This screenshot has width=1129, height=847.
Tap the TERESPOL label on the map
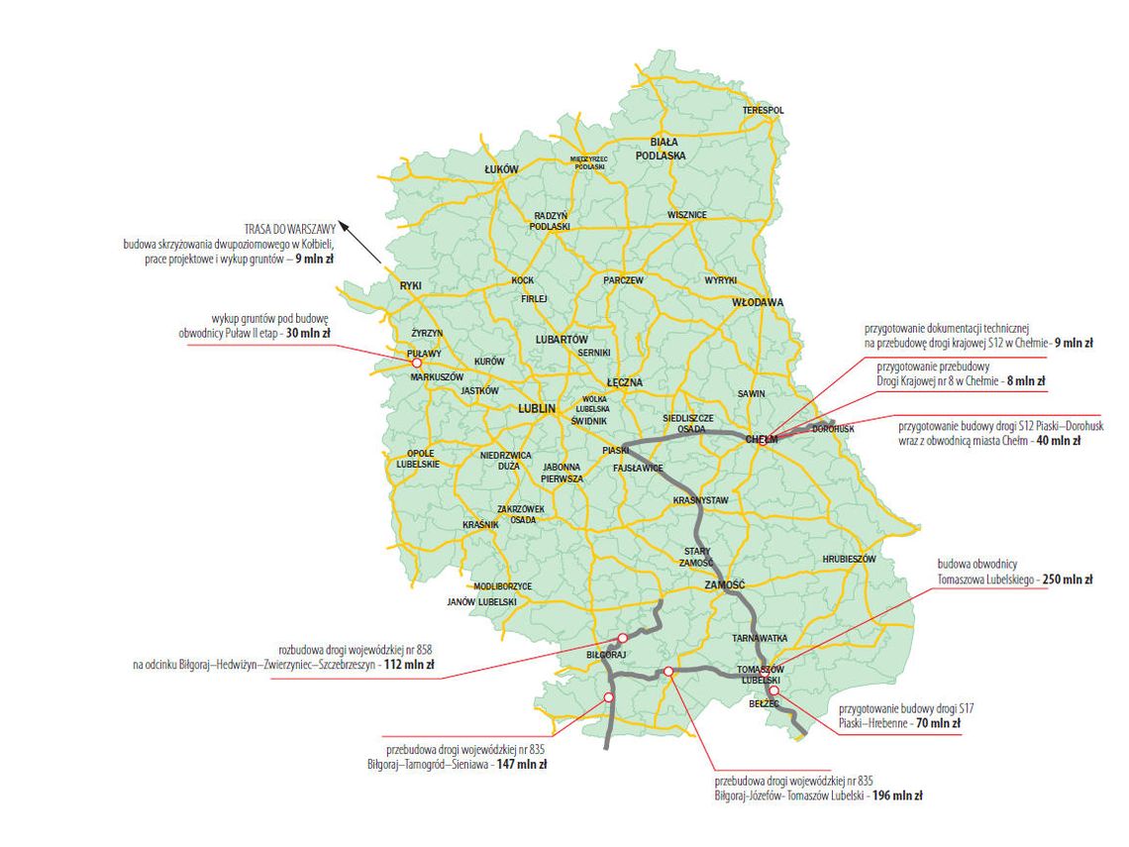764,110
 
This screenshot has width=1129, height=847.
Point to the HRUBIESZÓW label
850,560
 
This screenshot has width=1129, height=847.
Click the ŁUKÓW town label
501,170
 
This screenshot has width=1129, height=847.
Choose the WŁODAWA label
758,302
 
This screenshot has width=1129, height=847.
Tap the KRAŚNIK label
480,524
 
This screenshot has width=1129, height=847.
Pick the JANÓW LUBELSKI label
482,602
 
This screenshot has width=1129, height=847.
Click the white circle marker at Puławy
416,363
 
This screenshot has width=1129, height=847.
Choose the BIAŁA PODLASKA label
661,149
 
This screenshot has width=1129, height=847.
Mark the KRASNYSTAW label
700,501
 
